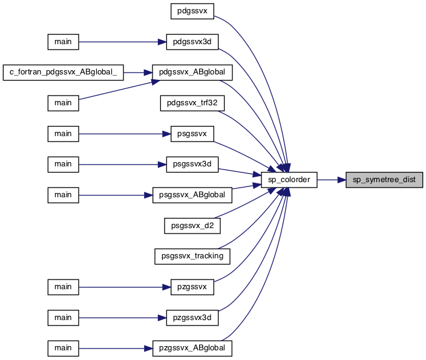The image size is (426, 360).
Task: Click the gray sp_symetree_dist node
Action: tap(384, 180)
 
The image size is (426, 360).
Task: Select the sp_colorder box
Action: tap(289, 180)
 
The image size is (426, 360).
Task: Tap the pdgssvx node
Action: tap(192, 11)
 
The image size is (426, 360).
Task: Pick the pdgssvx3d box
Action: tap(192, 42)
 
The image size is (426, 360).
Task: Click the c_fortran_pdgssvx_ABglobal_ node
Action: tap(64, 72)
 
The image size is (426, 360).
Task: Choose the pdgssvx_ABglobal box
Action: tap(192, 72)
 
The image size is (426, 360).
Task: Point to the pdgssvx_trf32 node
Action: tap(192, 103)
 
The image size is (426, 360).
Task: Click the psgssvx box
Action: tap(192, 134)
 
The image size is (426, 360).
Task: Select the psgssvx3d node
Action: tap(192, 165)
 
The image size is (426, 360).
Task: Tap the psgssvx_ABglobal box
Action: tap(192, 195)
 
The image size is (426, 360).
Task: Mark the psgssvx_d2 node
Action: tap(192, 226)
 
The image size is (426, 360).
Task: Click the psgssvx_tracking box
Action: tap(192, 256)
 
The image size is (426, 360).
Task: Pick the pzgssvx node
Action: tap(192, 287)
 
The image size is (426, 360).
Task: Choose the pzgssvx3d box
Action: tap(192, 318)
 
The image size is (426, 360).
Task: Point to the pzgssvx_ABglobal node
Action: tap(192, 348)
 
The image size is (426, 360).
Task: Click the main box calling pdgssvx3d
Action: tap(64, 42)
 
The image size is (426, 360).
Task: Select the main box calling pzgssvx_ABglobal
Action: tap(64, 348)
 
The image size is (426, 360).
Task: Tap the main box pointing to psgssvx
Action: tap(64, 134)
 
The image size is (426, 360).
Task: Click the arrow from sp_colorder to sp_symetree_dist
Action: tap(332, 180)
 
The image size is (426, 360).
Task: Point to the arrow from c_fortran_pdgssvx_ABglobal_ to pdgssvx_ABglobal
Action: tap(138, 73)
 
